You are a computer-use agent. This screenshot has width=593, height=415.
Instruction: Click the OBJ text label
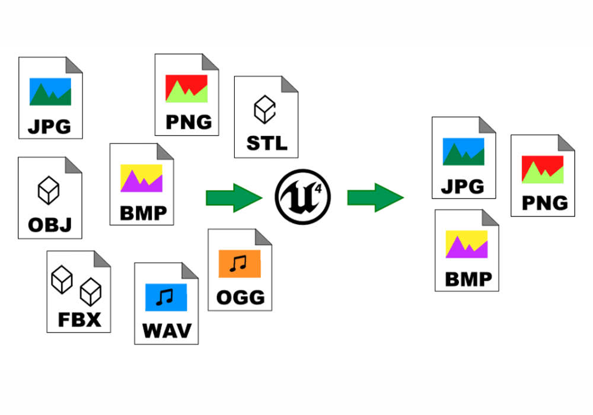pyautogui.click(x=50, y=225)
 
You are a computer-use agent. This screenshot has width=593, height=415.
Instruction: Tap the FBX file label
pyautogui.click(x=79, y=319)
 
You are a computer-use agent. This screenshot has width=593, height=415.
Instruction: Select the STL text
pyautogui.click(x=266, y=143)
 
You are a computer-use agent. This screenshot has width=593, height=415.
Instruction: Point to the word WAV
pyautogui.click(x=167, y=330)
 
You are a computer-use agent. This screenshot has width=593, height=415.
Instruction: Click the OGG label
pyautogui.click(x=240, y=296)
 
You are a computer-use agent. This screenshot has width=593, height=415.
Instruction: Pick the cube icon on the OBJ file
pyautogui.click(x=49, y=190)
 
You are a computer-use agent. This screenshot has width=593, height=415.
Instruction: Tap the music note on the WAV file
pyautogui.click(x=165, y=297)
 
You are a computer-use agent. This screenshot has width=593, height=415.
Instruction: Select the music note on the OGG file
pyautogui.click(x=240, y=263)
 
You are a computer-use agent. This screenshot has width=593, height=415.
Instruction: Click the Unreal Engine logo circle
pyautogui.click(x=303, y=196)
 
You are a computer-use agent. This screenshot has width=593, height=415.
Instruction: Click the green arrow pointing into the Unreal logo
pyautogui.click(x=234, y=197)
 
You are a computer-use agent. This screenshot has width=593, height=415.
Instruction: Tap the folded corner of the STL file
pyautogui.click(x=289, y=84)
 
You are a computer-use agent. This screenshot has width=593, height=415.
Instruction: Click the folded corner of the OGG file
pyautogui.click(x=263, y=237)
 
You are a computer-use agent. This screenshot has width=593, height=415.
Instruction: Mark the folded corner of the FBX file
pyautogui.click(x=102, y=259)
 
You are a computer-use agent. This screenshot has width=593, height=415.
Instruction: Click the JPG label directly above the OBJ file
pyautogui.click(x=50, y=126)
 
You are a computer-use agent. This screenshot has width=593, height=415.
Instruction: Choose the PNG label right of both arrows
pyautogui.click(x=544, y=203)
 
